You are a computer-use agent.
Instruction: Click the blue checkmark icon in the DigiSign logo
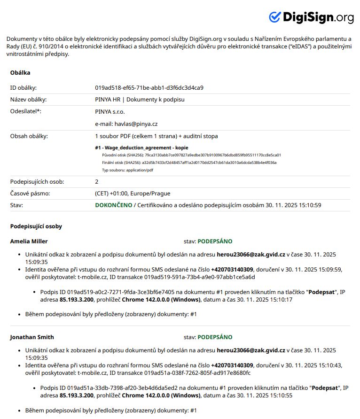pyautogui.click(x=274, y=17)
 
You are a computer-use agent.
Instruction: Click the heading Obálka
pyautogui.click(x=20, y=73)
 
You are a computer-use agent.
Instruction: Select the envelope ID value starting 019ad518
pyautogui.click(x=149, y=88)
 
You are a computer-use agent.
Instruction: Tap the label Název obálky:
pyautogui.click(x=28, y=100)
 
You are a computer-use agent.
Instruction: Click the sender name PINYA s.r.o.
pyautogui.click(x=110, y=112)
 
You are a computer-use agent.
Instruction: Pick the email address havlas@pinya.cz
pyautogui.click(x=126, y=124)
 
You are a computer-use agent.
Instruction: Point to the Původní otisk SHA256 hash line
pyautogui.click(x=191, y=155)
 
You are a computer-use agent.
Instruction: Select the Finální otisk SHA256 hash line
pyautogui.click(x=189, y=163)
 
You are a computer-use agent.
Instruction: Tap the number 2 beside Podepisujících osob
pyautogui.click(x=97, y=181)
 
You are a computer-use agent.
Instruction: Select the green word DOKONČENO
pyautogui.click(x=114, y=205)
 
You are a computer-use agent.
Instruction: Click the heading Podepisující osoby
pyautogui.click(x=36, y=226)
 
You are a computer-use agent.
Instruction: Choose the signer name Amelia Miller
pyautogui.click(x=29, y=241)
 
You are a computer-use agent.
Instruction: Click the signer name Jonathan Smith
pyautogui.click(x=32, y=337)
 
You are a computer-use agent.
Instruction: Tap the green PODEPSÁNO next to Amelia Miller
pyautogui.click(x=215, y=241)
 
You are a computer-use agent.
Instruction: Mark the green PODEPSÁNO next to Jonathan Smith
pyautogui.click(x=215, y=337)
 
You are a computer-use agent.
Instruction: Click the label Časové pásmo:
pyautogui.click(x=30, y=194)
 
